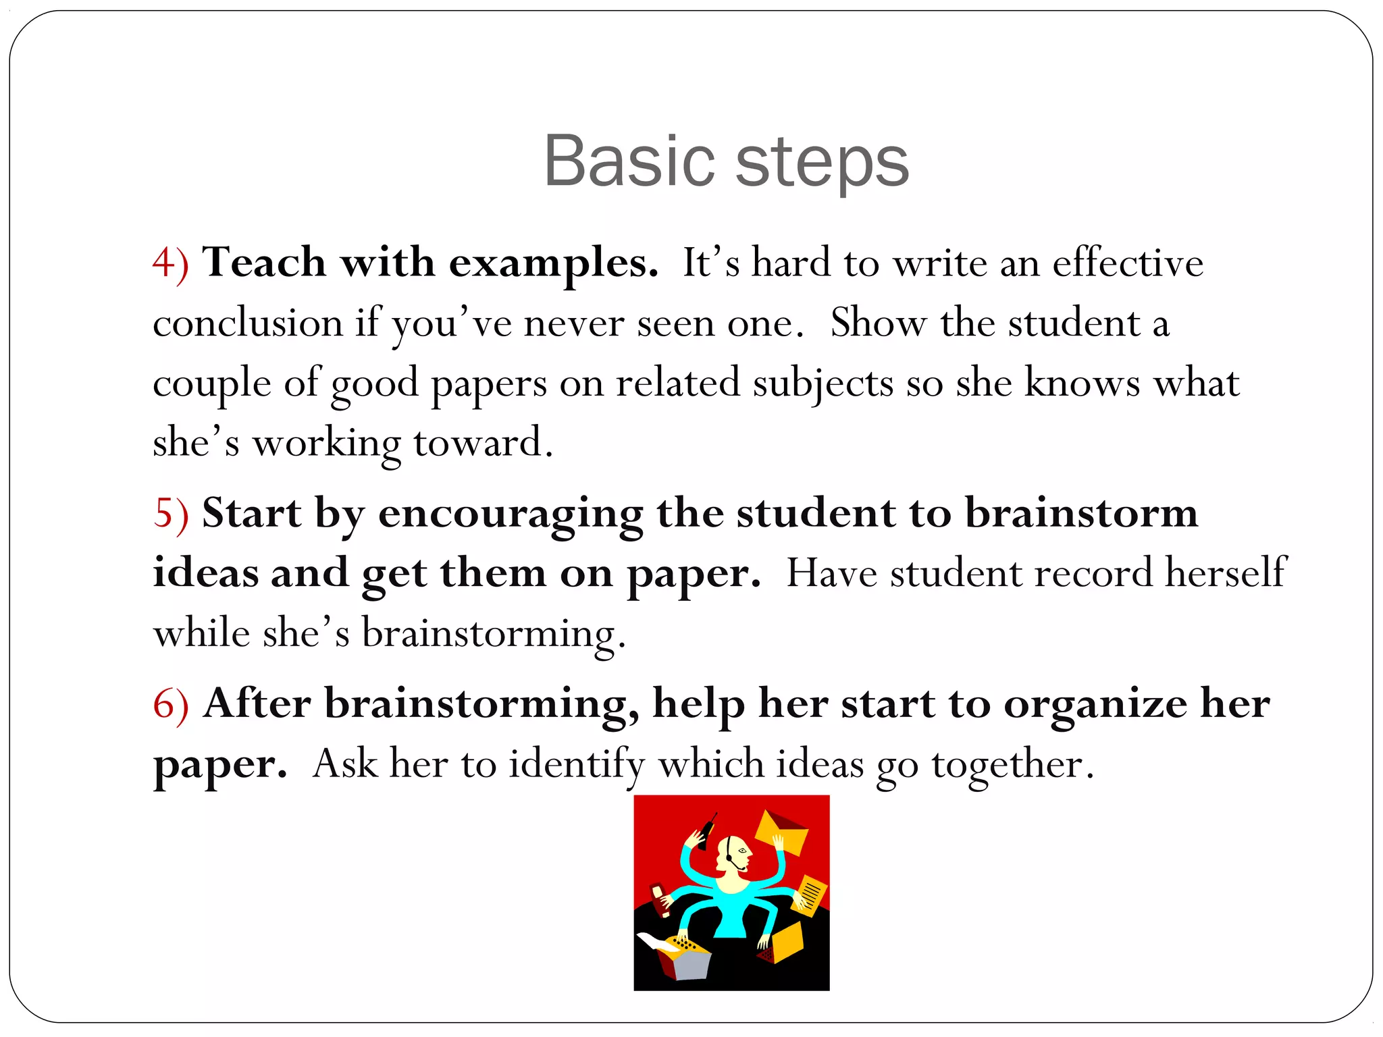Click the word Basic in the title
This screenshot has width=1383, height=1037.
coord(629,161)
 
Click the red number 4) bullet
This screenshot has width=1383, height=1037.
coord(170,263)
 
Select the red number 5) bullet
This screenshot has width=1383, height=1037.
coord(170,514)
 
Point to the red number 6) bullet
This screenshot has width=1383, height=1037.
coord(170,704)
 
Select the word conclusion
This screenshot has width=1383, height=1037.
coord(248,323)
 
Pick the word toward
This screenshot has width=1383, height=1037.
coord(482,443)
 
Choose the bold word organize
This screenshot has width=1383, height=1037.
coord(1095,704)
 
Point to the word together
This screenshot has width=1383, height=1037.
coord(1012,765)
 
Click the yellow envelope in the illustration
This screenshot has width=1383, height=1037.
coord(782,832)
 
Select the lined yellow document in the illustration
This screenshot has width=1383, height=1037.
coord(808,894)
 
